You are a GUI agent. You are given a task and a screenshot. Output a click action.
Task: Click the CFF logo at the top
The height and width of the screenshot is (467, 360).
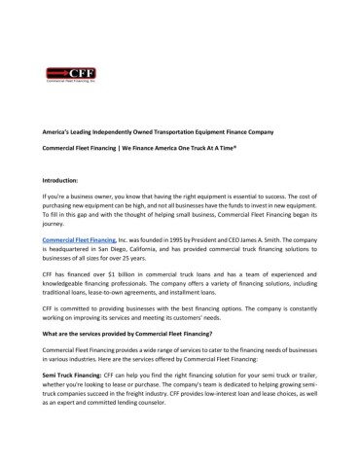coord(70,74)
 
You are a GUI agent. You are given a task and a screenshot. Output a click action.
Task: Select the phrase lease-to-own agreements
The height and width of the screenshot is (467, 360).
coord(148,296)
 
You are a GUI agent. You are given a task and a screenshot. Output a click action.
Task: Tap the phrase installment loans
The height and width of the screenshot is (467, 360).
coord(222,296)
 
